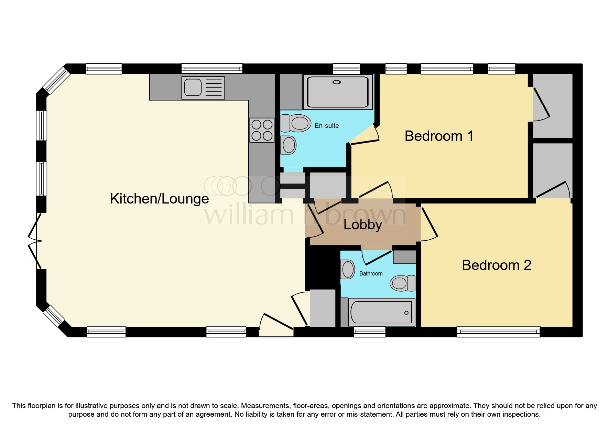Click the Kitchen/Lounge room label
159,199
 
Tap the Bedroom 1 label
439,136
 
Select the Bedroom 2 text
496,265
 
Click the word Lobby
363,225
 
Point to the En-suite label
326,126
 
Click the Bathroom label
371,273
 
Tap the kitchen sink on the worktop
203,87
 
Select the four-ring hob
262,130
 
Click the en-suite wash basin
289,145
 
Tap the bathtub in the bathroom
381,312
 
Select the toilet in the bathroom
402,283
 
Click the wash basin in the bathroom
348,269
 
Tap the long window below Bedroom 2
498,332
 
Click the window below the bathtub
369,332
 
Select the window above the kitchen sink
211,68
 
